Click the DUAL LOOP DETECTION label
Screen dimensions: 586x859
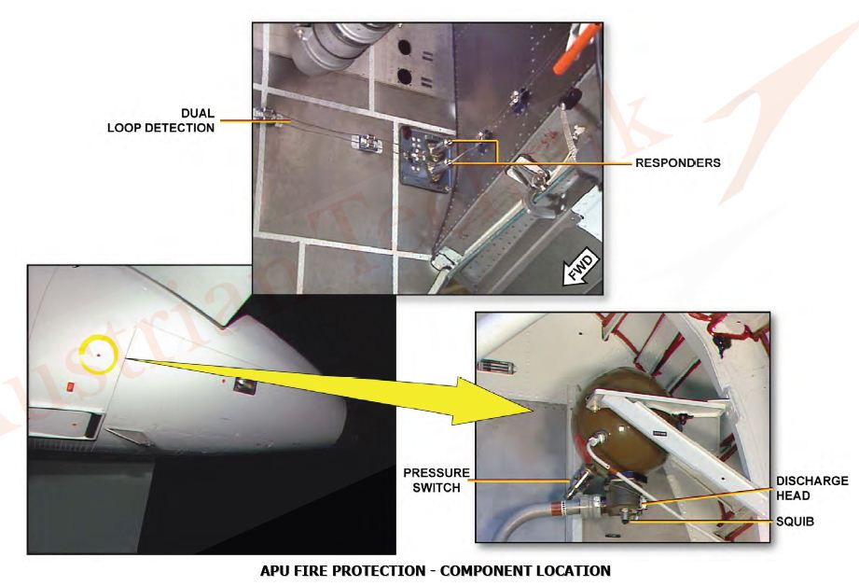[x=160, y=119]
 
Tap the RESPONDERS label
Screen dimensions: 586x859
[x=677, y=162]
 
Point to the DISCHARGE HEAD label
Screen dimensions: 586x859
[x=811, y=488]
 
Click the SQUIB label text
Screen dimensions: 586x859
[x=796, y=522]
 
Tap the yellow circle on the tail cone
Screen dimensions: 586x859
[x=99, y=355]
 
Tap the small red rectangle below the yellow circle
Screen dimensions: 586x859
[x=68, y=385]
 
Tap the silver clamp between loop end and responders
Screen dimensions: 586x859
[x=367, y=144]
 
